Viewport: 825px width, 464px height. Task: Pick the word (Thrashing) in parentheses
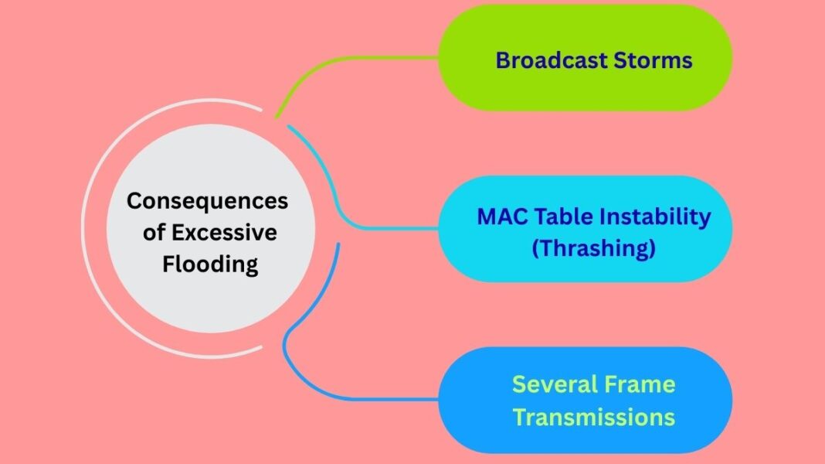click(592, 249)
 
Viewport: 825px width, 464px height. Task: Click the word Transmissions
click(593, 418)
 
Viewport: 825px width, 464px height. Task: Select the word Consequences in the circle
click(207, 201)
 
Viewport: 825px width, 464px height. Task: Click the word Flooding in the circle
click(207, 264)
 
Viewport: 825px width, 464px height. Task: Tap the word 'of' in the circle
click(153, 233)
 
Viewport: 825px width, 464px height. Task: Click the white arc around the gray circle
click(84, 232)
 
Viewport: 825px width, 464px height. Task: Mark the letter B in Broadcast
click(503, 60)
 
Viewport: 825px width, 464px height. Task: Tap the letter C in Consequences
click(135, 201)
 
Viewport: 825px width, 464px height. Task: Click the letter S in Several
click(519, 384)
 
